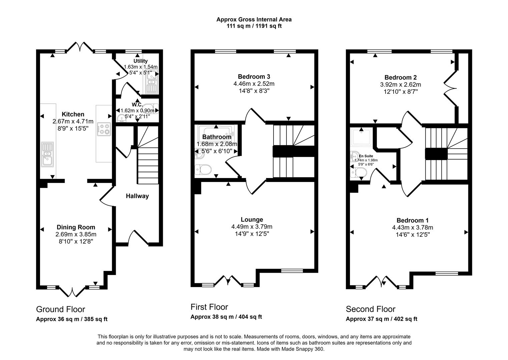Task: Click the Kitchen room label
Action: pos(73,114)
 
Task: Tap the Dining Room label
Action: pos(76,227)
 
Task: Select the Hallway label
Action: pos(137,196)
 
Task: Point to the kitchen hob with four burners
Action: pos(104,129)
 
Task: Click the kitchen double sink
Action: pos(47,154)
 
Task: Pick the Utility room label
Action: pos(140,61)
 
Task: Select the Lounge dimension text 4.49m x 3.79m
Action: pos(252,227)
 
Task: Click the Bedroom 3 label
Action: pos(254,77)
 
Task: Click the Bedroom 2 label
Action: pos(400,77)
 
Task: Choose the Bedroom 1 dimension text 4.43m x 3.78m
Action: pos(412,227)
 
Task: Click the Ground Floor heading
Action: pos(60,309)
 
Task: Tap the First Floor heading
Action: pos(209,307)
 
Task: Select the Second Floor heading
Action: pos(370,309)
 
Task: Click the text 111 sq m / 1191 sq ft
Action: pos(254,26)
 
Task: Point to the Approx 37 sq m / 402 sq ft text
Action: pos(381,319)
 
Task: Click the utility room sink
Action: pos(152,82)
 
